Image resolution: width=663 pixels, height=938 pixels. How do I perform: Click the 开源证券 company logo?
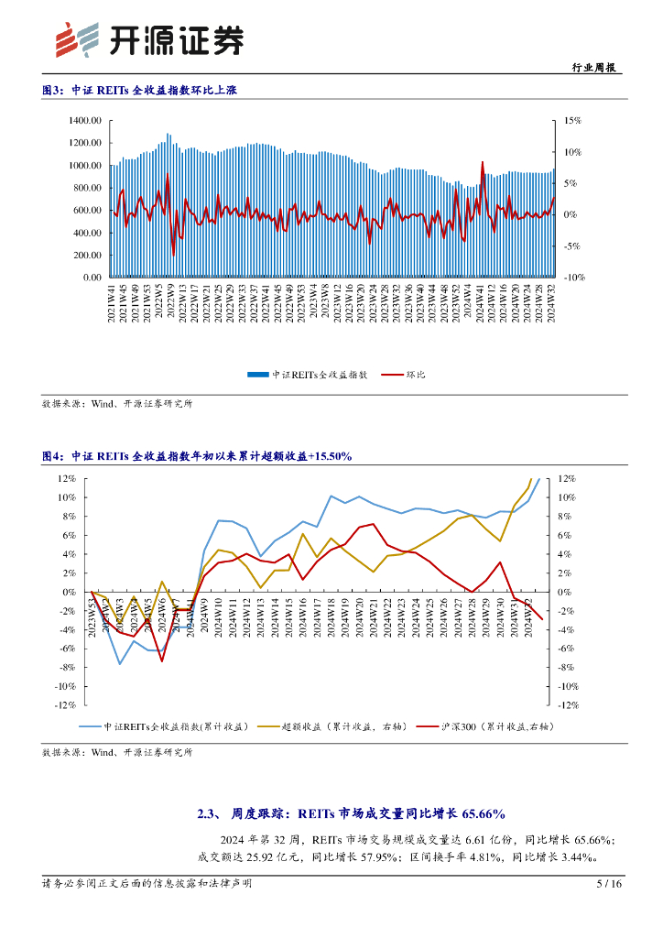150,39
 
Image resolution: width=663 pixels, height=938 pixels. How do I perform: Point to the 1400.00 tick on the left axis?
83,121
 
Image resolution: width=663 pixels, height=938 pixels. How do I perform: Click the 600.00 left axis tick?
86,210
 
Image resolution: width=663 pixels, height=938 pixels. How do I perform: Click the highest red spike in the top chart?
483,162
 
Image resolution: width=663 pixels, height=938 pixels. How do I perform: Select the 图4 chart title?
197,455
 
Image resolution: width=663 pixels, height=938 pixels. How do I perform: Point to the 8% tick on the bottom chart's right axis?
566,517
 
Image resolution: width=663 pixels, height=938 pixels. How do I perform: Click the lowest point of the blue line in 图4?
119,664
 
